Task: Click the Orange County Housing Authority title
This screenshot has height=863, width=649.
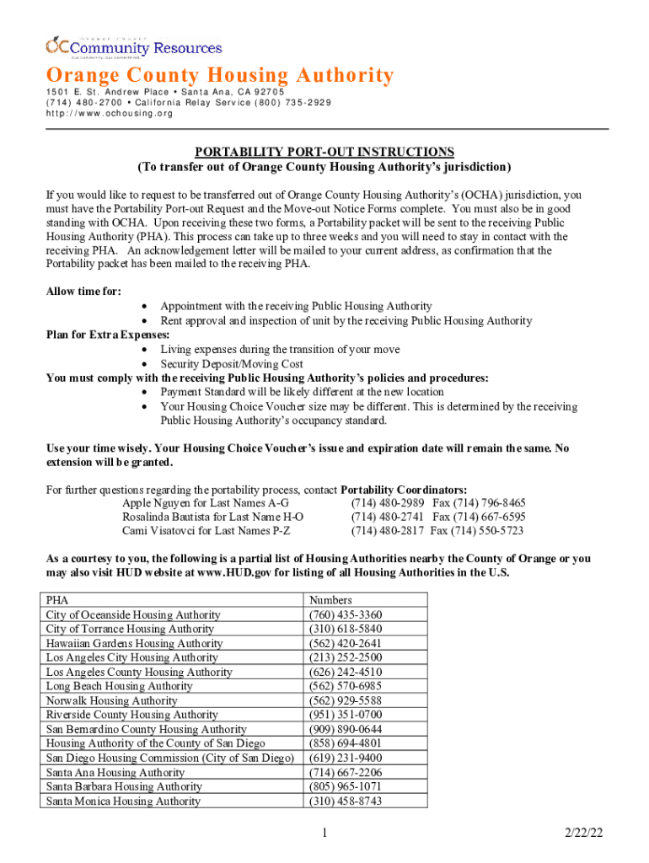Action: (x=219, y=76)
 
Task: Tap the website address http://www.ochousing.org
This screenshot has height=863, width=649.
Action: (x=109, y=114)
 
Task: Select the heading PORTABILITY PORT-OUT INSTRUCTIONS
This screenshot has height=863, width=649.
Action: (x=324, y=152)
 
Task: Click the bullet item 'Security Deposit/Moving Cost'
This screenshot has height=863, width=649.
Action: (x=232, y=363)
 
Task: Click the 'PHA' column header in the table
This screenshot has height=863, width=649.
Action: (x=57, y=600)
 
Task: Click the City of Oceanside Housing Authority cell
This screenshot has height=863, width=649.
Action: (x=133, y=614)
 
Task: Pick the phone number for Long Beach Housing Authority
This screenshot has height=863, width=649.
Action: (x=346, y=686)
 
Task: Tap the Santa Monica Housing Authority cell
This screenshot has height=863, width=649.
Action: (x=123, y=801)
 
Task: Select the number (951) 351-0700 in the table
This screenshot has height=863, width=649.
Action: (x=346, y=715)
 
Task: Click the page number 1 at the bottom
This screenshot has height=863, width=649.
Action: (x=324, y=834)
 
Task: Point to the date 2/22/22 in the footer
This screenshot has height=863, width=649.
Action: (x=585, y=834)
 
